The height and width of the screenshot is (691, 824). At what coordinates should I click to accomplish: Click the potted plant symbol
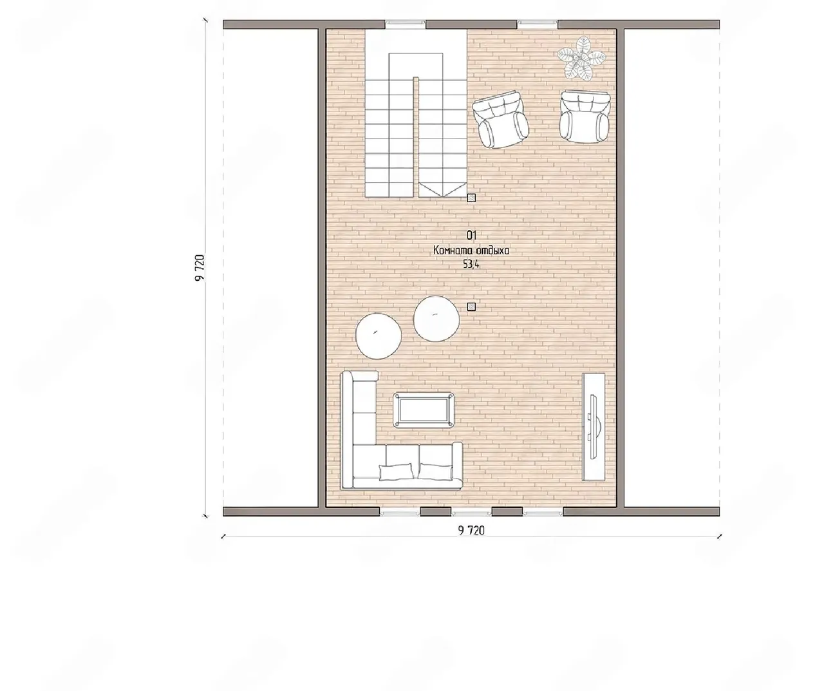click(581, 59)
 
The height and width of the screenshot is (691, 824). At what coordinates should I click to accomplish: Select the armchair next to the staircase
click(500, 120)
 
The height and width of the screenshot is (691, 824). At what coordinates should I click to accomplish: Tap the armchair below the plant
click(585, 117)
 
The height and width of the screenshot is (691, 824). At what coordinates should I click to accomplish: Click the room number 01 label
click(472, 236)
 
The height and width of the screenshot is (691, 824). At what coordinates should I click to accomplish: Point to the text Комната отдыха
click(471, 251)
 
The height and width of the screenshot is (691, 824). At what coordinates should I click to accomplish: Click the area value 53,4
click(471, 264)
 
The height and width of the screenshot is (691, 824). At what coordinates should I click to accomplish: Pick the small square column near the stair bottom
click(471, 198)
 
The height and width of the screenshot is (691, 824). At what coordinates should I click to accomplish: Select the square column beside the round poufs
click(471, 307)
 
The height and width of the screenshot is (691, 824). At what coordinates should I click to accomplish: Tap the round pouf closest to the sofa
click(379, 336)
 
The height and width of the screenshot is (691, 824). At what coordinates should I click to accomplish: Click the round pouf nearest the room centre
click(436, 318)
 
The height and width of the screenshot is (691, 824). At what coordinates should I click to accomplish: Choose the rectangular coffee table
click(424, 410)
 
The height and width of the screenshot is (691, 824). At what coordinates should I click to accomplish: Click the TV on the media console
click(593, 426)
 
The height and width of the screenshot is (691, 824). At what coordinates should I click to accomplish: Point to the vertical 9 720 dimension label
click(200, 268)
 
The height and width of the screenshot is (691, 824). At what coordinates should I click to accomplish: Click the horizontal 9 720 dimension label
click(471, 530)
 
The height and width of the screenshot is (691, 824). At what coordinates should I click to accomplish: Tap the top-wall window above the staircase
click(406, 24)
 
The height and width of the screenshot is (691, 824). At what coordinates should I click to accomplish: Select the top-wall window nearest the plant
click(537, 24)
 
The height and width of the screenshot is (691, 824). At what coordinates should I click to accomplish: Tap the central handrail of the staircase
click(416, 137)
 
